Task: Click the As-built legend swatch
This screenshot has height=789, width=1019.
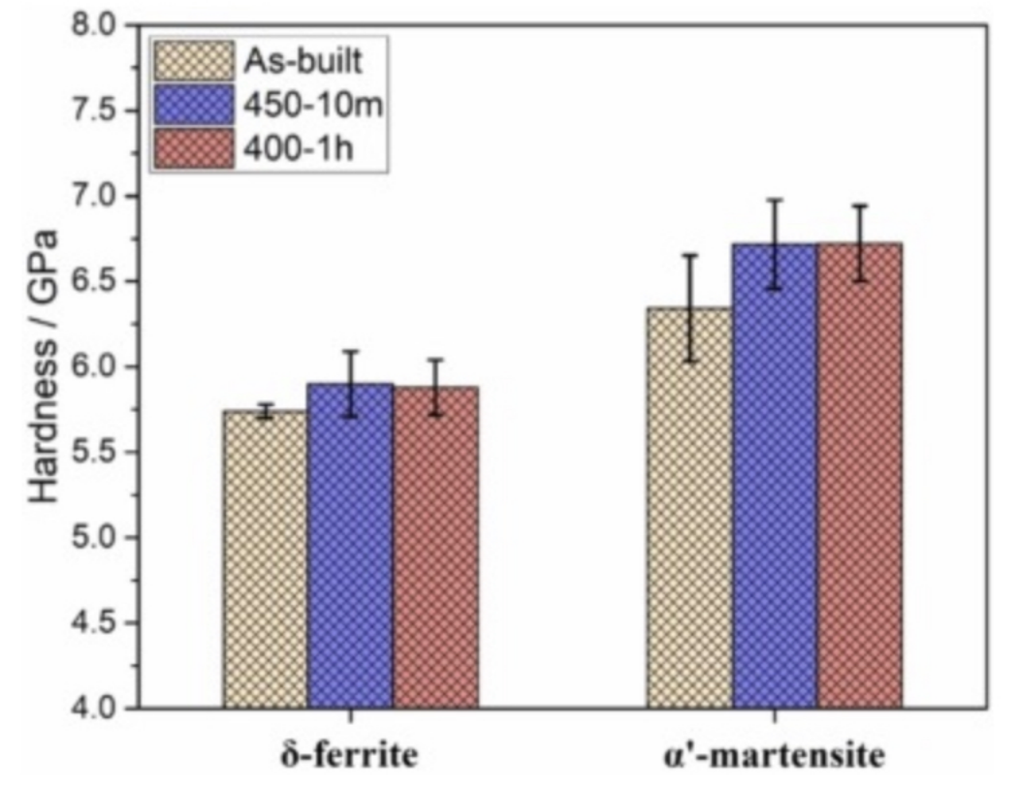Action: pos(194,61)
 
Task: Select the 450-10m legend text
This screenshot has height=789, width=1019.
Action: pos(312,106)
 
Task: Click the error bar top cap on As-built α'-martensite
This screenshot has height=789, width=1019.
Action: pos(689,255)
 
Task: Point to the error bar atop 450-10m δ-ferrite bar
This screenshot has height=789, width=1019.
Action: pos(350,383)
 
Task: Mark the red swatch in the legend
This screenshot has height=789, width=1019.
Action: pos(194,149)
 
